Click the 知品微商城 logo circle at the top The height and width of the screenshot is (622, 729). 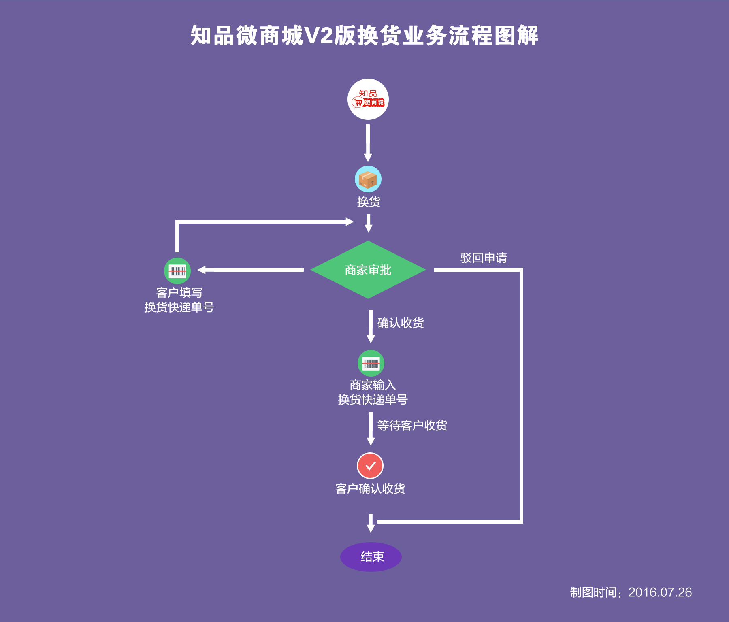pyautogui.click(x=368, y=99)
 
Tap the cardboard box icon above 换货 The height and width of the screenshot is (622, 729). pyautogui.click(x=368, y=179)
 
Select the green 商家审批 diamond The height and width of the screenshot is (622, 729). pyautogui.click(x=368, y=270)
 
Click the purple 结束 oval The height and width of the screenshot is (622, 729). pyautogui.click(x=371, y=557)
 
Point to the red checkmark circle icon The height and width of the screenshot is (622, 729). pyautogui.click(x=370, y=466)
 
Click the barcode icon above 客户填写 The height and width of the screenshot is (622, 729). pyautogui.click(x=177, y=271)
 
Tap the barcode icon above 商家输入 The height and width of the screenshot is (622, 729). pyautogui.click(x=371, y=363)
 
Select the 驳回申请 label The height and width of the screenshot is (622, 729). pyautogui.click(x=484, y=258)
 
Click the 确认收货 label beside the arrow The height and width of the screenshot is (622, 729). pyautogui.click(x=401, y=323)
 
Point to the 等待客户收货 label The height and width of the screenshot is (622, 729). pyautogui.click(x=412, y=425)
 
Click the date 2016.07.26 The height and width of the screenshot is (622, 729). pyautogui.click(x=660, y=592)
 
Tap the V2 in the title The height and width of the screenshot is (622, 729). pyautogui.click(x=318, y=36)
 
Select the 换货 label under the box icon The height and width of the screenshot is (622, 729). pyautogui.click(x=369, y=202)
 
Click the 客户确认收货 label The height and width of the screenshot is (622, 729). pyautogui.click(x=370, y=488)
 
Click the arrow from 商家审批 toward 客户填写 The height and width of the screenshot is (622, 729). pyautogui.click(x=251, y=270)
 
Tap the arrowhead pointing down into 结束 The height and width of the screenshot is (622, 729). pyautogui.click(x=371, y=527)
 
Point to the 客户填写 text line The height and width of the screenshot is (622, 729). pyautogui.click(x=179, y=292)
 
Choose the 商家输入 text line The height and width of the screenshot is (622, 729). pyautogui.click(x=373, y=385)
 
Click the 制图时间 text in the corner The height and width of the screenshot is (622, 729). pyautogui.click(x=593, y=592)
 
